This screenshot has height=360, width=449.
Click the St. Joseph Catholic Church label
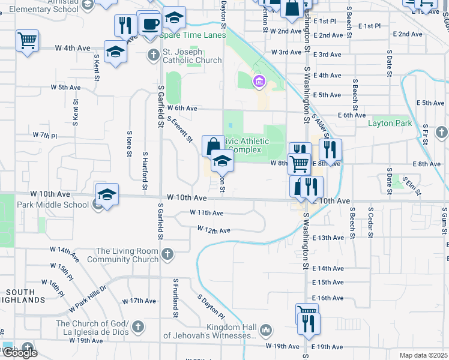[192, 56]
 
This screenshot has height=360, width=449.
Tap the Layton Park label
[390, 123]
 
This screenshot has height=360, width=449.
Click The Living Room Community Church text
[122, 255]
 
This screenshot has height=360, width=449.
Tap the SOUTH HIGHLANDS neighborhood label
[23, 296]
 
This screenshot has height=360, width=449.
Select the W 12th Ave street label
[214, 230]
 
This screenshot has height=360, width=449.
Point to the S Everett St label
[180, 130]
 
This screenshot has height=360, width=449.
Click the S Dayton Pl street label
[211, 306]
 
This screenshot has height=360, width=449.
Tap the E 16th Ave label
[328, 298]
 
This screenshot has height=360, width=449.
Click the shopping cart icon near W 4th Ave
[28, 41]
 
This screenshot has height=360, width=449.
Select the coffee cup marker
[149, 25]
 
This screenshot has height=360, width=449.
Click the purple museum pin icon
[259, 82]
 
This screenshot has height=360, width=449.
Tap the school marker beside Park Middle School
[107, 194]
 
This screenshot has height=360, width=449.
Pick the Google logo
[20, 353]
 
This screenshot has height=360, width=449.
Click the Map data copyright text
[423, 355]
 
